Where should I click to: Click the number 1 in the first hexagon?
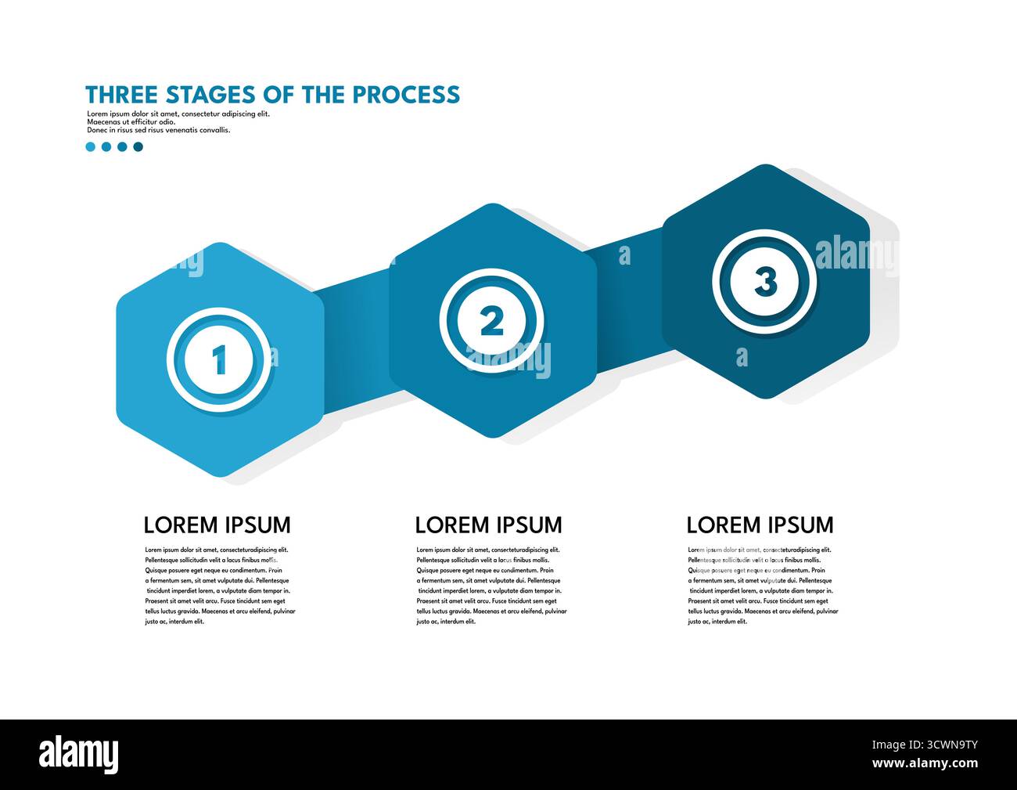coord(220,360)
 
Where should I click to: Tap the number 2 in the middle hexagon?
coord(491,321)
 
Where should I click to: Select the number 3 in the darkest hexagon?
coord(765,281)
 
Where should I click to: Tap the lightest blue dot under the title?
coord(91,146)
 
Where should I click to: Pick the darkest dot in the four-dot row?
coord(138,146)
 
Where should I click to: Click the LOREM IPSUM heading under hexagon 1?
coord(217,525)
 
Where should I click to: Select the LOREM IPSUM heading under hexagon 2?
coord(488,525)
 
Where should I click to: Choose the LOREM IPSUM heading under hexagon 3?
coord(760,525)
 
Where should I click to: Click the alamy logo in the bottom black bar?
coord(79,754)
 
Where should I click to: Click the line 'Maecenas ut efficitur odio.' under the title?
coord(131,122)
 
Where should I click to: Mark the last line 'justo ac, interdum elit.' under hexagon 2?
coord(446,622)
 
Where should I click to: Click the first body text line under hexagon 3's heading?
coord(759,550)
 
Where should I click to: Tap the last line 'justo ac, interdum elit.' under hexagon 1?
coord(174,622)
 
